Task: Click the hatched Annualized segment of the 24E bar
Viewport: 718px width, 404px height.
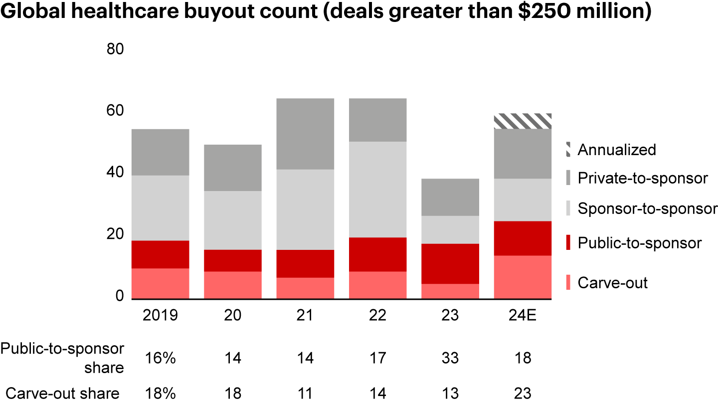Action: (x=523, y=121)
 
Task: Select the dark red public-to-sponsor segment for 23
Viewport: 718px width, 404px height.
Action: (x=450, y=263)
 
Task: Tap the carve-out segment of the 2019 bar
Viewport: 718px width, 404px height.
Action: (x=160, y=283)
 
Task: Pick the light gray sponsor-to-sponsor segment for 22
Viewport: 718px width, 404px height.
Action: (x=378, y=190)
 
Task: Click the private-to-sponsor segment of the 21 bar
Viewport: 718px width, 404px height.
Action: (x=305, y=134)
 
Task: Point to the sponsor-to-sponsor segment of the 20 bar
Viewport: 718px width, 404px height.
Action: (x=233, y=220)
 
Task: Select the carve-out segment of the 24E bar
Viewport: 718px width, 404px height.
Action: (x=523, y=277)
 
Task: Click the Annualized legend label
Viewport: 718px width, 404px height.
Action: (x=617, y=150)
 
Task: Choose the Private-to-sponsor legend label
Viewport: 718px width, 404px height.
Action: (x=643, y=178)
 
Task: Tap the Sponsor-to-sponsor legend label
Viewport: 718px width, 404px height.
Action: (x=647, y=208)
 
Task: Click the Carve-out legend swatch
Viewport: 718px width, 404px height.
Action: (x=568, y=283)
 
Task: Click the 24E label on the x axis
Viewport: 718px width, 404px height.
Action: (x=523, y=316)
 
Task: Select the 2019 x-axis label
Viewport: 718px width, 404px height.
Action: (x=160, y=316)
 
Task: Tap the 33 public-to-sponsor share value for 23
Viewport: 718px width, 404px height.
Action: (x=450, y=358)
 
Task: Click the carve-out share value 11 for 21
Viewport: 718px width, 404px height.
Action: (x=305, y=394)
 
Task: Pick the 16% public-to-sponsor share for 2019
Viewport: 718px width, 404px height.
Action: (x=160, y=358)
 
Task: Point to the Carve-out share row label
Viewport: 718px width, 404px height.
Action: (x=60, y=394)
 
